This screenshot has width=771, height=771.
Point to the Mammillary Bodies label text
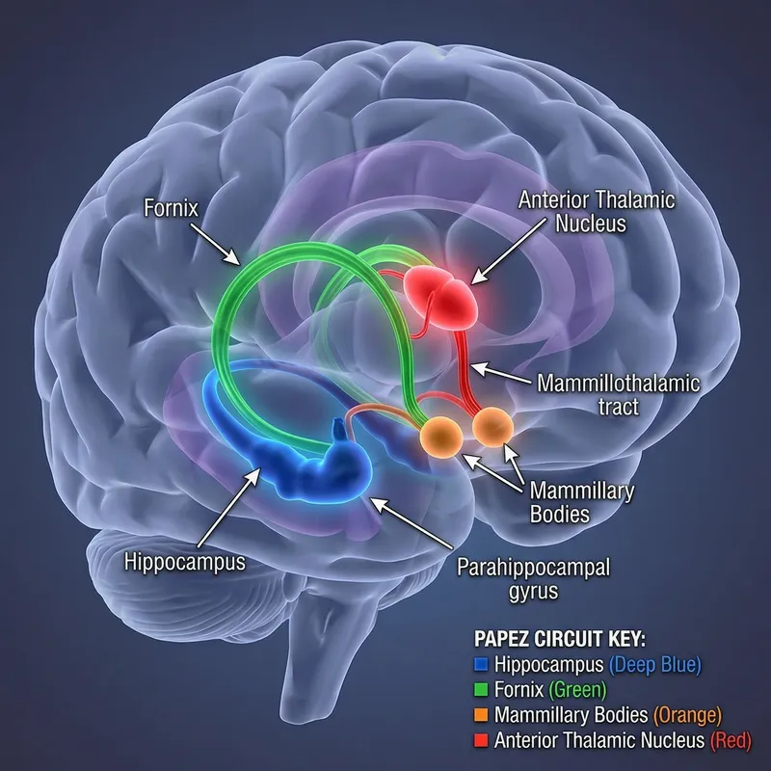pyautogui.click(x=582, y=502)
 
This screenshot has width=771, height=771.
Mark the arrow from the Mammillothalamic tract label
pyautogui.click(x=502, y=374)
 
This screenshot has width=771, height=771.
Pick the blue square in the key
pyautogui.click(x=483, y=664)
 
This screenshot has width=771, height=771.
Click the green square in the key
pyautogui.click(x=483, y=690)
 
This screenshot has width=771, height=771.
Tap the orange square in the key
pyautogui.click(x=483, y=715)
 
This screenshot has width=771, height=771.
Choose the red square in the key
pyautogui.click(x=483, y=741)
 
